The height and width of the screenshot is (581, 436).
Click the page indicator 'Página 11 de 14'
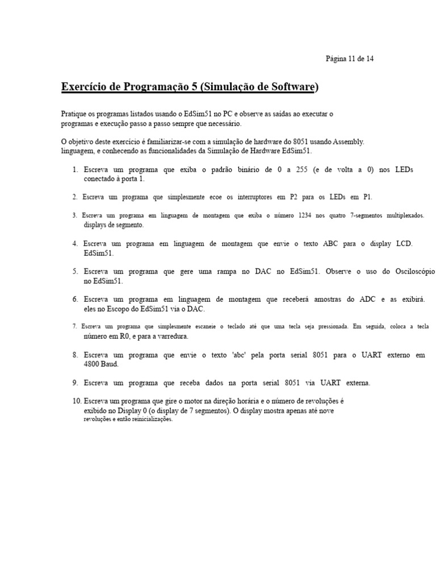tap(349, 58)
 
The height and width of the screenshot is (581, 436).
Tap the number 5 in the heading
tap(191, 87)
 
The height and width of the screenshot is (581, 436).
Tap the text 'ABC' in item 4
tap(330, 243)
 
